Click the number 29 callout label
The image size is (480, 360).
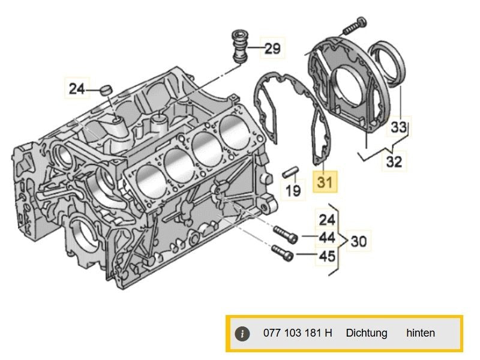tap(272, 49)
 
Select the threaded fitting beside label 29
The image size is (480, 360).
tap(241, 44)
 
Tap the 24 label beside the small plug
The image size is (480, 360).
tap(77, 89)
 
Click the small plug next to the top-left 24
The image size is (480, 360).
tap(107, 90)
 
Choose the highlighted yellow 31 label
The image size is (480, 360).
tap(325, 180)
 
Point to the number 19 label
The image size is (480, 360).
tap(293, 191)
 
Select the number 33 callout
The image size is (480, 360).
tap(399, 127)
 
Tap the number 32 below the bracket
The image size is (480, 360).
tap(395, 161)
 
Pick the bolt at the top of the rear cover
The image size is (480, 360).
tap(355, 25)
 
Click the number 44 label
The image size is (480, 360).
tap(326, 238)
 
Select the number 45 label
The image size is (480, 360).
tap(326, 257)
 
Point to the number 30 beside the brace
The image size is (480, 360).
tap(358, 242)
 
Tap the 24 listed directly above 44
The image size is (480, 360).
tap(326, 219)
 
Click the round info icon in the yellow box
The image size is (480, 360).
tap(241, 334)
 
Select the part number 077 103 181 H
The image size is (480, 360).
tap(298, 333)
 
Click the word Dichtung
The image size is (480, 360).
tap(366, 333)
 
